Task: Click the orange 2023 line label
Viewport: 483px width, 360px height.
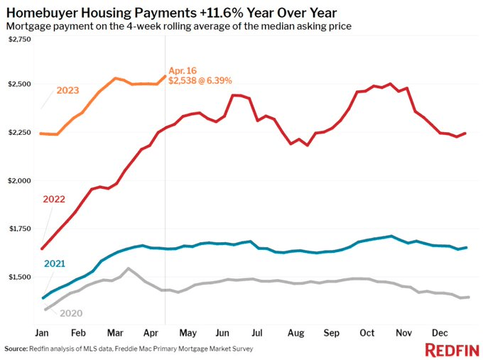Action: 67,91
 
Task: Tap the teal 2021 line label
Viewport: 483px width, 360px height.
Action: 55,263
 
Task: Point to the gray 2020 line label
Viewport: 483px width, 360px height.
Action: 72,312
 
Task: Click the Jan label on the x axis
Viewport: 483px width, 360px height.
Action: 42,332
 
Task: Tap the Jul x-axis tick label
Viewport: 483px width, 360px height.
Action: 256,332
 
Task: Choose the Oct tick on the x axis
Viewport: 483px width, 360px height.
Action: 367,332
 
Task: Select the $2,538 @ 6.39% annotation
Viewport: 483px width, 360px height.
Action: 201,81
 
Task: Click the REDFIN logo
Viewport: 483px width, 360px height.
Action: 451,349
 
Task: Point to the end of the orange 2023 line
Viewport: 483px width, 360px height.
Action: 165,76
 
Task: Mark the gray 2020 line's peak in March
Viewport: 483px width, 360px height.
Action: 128,268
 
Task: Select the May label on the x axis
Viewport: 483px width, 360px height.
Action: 188,332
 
